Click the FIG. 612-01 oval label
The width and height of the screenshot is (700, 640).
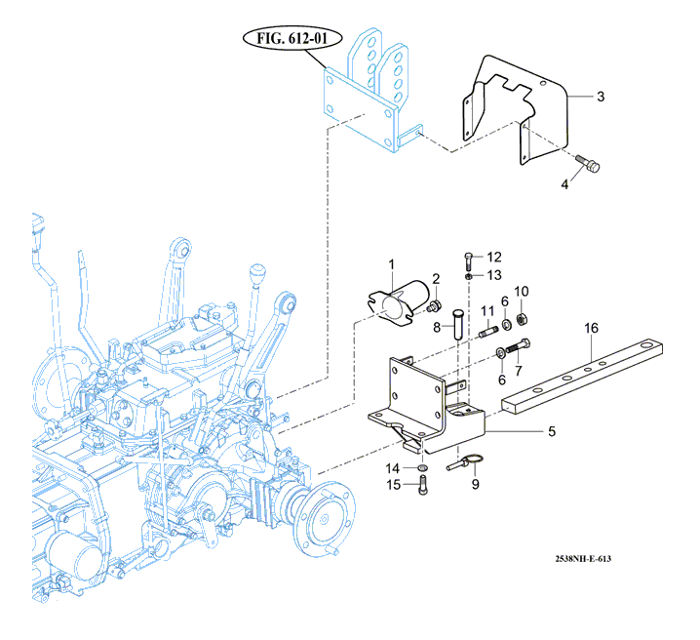pos(292,38)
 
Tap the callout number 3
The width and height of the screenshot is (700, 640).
pos(601,97)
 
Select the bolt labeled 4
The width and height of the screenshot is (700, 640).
pos(588,164)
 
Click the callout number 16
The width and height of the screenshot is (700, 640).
pos(591,328)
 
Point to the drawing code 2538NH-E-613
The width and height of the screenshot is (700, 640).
pos(583,558)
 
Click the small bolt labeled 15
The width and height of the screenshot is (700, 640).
pos(423,485)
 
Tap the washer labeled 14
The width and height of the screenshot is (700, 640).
pos(422,467)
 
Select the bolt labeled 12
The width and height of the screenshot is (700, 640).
pos(468,261)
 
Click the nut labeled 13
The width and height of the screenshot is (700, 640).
pos(468,277)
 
